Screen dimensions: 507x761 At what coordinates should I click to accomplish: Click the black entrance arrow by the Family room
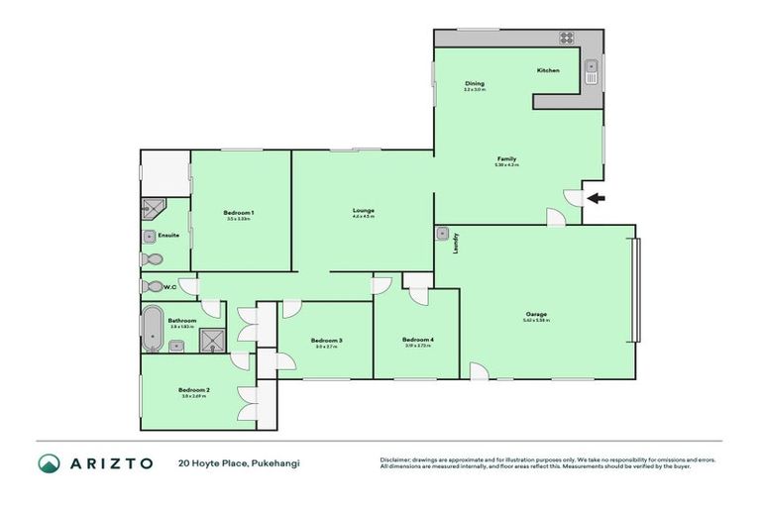click(x=594, y=198)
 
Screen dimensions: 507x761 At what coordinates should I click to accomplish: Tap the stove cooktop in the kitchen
click(x=568, y=39)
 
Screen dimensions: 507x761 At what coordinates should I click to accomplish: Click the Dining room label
click(x=474, y=83)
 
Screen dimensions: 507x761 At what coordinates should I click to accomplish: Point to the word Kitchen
click(x=548, y=70)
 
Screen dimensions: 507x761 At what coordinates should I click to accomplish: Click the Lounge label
click(x=363, y=210)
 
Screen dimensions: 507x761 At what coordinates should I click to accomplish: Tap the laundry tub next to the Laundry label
click(x=442, y=235)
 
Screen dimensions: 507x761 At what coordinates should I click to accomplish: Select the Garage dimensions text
click(x=535, y=321)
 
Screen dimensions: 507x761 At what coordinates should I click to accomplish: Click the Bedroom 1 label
click(x=239, y=213)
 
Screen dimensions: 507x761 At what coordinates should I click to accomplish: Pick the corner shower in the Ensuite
click(x=152, y=208)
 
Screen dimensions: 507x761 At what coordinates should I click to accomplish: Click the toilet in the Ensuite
click(x=151, y=259)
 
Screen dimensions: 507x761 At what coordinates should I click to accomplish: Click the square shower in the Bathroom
click(x=212, y=342)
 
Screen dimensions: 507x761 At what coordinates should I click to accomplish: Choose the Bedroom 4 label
click(x=419, y=340)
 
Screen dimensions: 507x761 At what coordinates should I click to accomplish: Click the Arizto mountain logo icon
click(x=51, y=463)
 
